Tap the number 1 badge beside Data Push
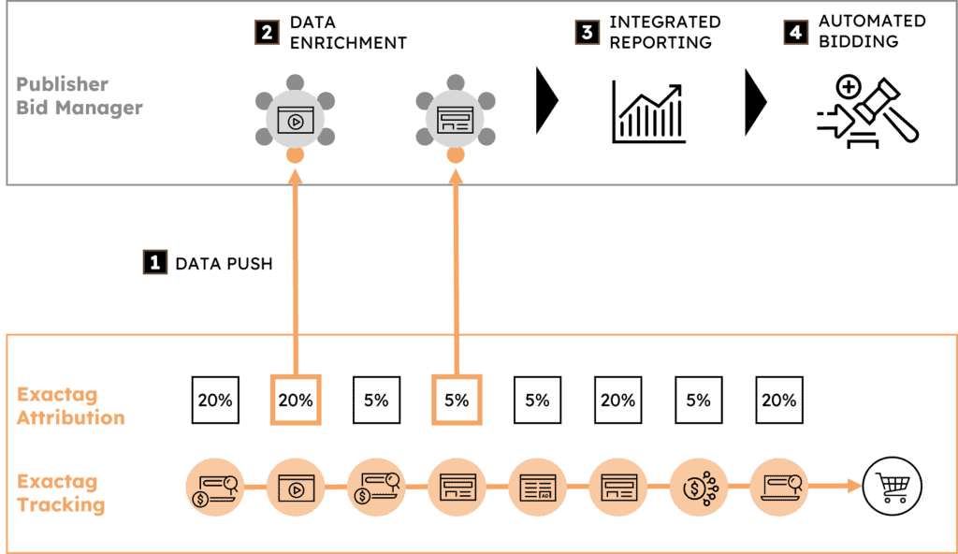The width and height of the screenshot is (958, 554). (153, 262)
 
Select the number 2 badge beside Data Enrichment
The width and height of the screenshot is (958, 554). (267, 32)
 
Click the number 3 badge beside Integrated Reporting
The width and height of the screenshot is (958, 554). (587, 32)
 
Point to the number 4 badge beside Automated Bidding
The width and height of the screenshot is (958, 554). (795, 32)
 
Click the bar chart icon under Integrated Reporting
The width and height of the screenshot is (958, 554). (649, 111)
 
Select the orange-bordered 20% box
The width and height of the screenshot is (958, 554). (296, 400)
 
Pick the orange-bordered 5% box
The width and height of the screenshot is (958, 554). (457, 400)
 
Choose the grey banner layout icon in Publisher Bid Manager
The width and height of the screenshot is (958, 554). (457, 118)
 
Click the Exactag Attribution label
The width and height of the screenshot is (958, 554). (71, 405)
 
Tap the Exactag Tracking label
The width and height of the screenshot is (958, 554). (61, 493)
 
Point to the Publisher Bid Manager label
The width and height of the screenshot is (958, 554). (80, 96)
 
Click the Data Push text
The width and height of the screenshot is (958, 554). (224, 264)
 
